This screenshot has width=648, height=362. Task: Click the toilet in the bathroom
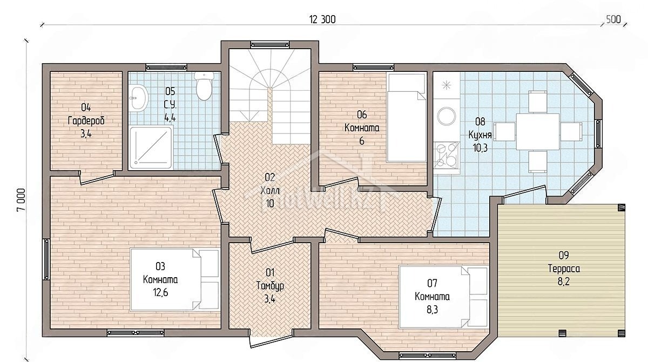pyautogui.click(x=204, y=86)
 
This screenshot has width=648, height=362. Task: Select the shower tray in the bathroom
pyautogui.click(x=151, y=148)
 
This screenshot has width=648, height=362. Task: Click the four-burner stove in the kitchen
pyautogui.click(x=447, y=156)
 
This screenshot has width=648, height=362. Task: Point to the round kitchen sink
pyautogui.click(x=447, y=116)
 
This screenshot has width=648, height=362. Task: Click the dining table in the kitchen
pyautogui.click(x=538, y=132)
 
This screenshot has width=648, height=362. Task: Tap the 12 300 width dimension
pyautogui.click(x=322, y=19)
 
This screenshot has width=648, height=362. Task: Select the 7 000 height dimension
pyautogui.click(x=22, y=200)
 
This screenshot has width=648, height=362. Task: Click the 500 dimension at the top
pyautogui.click(x=613, y=19)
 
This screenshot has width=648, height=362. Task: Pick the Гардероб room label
pyautogui.click(x=86, y=120)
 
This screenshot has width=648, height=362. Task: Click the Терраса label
pyautogui.click(x=564, y=269)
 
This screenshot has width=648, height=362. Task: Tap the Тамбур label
pyautogui.click(x=270, y=286)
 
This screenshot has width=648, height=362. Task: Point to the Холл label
pyautogui.click(x=270, y=191)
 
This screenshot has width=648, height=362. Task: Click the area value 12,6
pyautogui.click(x=161, y=292)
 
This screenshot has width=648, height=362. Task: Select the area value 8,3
pyautogui.click(x=432, y=310)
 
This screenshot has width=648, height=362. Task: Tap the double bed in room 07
pyautogui.click(x=443, y=297)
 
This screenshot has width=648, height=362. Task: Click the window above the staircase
pyautogui.click(x=269, y=44)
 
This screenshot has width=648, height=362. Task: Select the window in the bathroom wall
pyautogui.click(x=166, y=68)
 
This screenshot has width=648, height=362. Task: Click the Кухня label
pyautogui.click(x=480, y=135)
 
